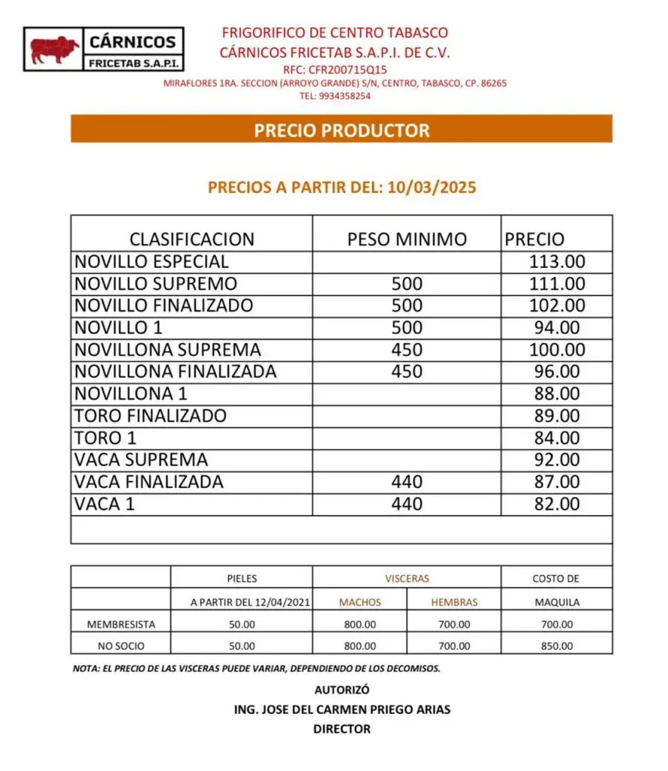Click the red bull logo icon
54,50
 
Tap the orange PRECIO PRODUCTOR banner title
341,130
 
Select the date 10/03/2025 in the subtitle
432,187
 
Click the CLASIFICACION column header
192,239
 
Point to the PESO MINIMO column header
407,239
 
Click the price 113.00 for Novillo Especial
557,262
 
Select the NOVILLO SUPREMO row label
155,284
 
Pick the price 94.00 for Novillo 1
557,328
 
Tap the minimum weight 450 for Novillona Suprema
407,349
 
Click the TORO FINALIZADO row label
150,416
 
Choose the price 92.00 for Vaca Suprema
557,459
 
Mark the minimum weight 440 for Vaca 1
407,504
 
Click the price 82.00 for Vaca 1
557,504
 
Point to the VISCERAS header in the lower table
407,578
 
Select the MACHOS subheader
360,602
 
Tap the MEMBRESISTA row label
121,624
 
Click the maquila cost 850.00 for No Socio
557,646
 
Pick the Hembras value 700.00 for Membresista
454,624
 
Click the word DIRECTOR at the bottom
342,729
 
